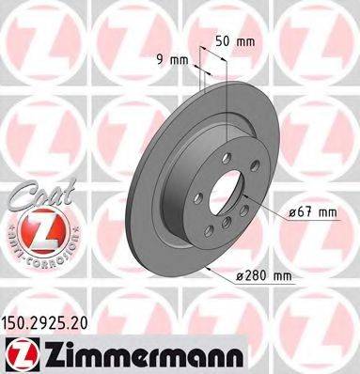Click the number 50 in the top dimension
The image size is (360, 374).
(x=223, y=41)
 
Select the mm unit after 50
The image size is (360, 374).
(x=248, y=41)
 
